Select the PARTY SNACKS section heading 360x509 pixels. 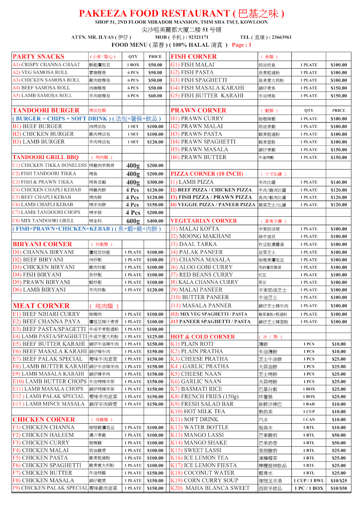point(39,56)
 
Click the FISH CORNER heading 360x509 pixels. point(194,56)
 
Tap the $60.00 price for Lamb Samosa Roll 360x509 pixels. point(155,96)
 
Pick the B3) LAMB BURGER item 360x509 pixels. point(39,142)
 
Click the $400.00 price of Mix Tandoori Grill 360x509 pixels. point(155,221)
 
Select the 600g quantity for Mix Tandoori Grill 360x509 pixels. point(133,221)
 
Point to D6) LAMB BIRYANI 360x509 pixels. point(39,290)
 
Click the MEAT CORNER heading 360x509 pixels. point(41,305)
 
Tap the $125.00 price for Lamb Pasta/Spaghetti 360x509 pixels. point(155,337)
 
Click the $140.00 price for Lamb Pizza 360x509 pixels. point(338,182)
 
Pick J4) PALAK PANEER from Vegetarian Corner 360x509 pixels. point(196,252)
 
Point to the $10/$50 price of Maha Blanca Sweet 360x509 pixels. point(338,488)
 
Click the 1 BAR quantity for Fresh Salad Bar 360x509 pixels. point(309,404)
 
